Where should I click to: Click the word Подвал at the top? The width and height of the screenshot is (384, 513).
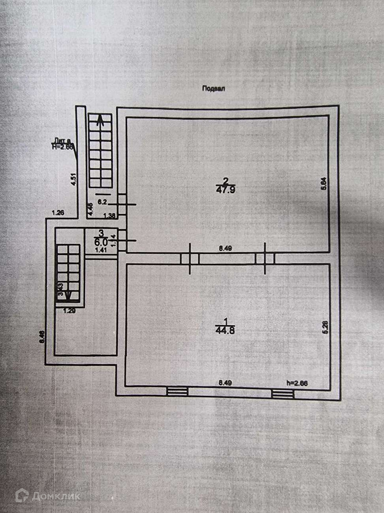coord(213,89)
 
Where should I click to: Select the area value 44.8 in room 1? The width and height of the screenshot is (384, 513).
coord(226,331)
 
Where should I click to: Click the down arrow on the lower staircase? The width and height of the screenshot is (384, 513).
coord(68,295)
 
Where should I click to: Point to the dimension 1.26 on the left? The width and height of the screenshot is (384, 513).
coord(57,213)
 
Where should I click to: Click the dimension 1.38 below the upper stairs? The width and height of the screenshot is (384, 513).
coord(109,216)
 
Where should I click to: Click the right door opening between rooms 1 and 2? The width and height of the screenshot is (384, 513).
coord(264,258)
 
